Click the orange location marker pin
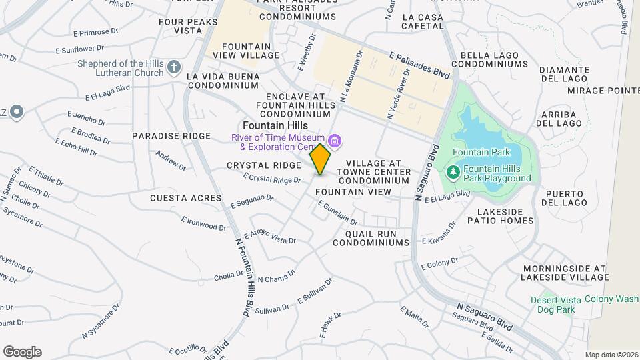(320, 159)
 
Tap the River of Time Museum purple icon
(335, 141)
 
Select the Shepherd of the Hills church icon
(174, 67)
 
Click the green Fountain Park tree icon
(453, 173)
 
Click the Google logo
(22, 351)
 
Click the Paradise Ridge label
(162, 135)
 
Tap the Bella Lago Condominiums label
(489, 59)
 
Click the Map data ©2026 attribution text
(611, 355)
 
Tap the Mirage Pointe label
(603, 90)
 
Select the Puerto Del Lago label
(566, 198)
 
